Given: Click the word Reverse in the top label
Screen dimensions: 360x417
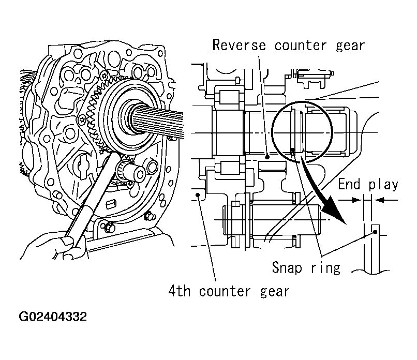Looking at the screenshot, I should (x=241, y=45).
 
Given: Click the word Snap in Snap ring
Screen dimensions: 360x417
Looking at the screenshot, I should (x=288, y=267).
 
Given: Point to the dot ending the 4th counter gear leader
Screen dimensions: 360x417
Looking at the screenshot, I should (x=199, y=196).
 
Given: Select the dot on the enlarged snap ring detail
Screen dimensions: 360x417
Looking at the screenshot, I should (x=374, y=233).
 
